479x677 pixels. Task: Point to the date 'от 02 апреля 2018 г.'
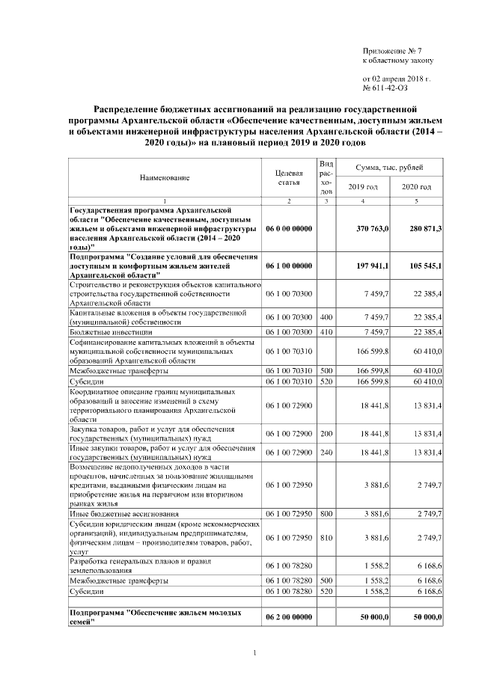(396, 78)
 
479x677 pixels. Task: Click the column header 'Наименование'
(164, 178)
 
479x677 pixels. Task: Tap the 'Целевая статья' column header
(289, 177)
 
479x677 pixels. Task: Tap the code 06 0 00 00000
(289, 227)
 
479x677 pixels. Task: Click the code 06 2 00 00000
(289, 616)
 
